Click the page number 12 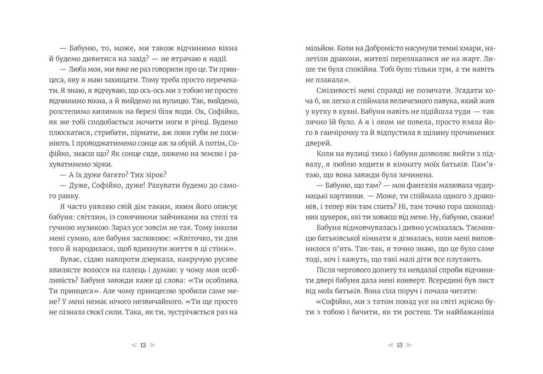(x=143, y=345)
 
